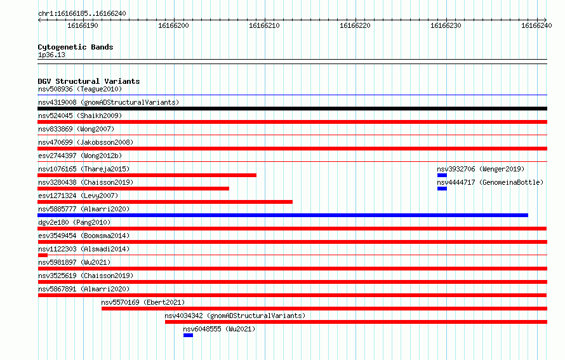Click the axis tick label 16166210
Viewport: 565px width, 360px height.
click(x=264, y=25)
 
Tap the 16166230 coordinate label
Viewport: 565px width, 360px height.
click(x=446, y=25)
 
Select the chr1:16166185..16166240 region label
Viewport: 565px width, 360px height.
click(x=82, y=14)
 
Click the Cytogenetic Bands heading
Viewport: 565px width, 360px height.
click(x=76, y=47)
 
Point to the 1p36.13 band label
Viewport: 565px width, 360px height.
click(x=51, y=55)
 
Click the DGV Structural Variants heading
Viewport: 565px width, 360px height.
click(x=89, y=81)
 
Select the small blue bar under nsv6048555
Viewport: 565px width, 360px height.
click(x=188, y=335)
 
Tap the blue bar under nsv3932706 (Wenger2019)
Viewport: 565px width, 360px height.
click(x=442, y=175)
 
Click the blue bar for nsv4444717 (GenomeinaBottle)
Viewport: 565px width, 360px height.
click(x=442, y=189)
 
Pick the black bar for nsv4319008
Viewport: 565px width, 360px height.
click(x=292, y=109)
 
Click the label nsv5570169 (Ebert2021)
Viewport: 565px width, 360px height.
click(x=143, y=302)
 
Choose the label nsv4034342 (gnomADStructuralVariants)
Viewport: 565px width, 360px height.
click(x=235, y=316)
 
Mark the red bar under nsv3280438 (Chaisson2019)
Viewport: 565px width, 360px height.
click(x=133, y=189)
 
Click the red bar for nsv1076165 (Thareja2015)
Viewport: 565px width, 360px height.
click(x=147, y=175)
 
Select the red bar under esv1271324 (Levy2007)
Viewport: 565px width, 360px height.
click(x=165, y=202)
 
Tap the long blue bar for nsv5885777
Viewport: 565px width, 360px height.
click(x=283, y=215)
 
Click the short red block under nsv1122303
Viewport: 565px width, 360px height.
click(x=43, y=255)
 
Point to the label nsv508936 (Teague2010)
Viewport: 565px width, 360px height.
click(x=80, y=89)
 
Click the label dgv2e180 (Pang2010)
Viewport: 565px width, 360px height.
click(x=74, y=222)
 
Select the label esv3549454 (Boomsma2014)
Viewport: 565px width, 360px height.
click(x=84, y=236)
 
